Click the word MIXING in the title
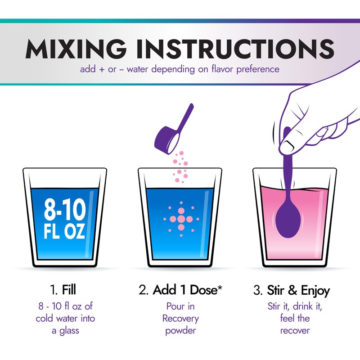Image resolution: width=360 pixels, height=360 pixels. click(76, 49)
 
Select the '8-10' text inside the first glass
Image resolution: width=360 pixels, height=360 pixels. click(65, 210)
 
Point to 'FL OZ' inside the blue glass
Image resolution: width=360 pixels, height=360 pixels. click(64, 231)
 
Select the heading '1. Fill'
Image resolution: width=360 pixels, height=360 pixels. click(63, 290)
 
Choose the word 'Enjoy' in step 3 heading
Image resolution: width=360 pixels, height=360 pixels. click(315, 291)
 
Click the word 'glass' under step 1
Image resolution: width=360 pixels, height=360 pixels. click(69, 331)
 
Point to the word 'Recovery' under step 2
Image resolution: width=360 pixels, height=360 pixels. click(180, 319)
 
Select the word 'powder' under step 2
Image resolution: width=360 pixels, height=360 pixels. click(180, 331)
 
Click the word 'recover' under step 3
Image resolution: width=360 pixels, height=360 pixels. click(295, 331)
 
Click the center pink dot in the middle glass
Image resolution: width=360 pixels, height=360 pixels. click(181, 219)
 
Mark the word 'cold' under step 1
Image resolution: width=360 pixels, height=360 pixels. click(45, 319)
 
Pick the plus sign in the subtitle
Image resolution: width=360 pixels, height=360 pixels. click(101, 69)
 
